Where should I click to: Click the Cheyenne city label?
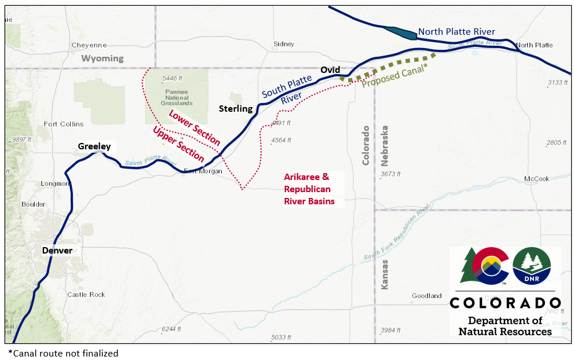[89, 45]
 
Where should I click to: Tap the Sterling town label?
[236, 109]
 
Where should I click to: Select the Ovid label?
[330, 70]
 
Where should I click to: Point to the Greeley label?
[94, 146]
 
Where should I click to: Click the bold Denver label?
[57, 251]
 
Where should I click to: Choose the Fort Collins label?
[64, 124]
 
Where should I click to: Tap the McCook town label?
[536, 179]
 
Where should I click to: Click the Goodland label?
[427, 296]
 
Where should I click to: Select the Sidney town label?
[284, 44]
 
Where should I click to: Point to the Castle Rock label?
[86, 295]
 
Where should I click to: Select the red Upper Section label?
[178, 144]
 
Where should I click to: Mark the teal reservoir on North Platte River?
[400, 33]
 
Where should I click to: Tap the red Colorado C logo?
[490, 267]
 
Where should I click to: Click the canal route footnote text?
[63, 353]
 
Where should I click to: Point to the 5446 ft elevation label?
[173, 78]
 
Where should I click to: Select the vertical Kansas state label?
[385, 274]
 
